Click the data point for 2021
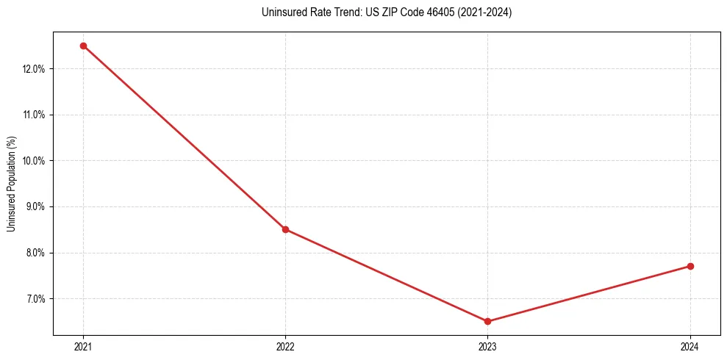(x=83, y=46)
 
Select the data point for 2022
(x=285, y=229)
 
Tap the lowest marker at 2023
(x=487, y=321)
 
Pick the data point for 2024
(x=690, y=266)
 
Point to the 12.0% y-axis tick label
(x=35, y=69)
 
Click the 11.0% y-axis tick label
(x=35, y=115)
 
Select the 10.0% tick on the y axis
(x=35, y=161)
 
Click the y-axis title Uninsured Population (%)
(x=12, y=183)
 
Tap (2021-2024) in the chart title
(x=485, y=12)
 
